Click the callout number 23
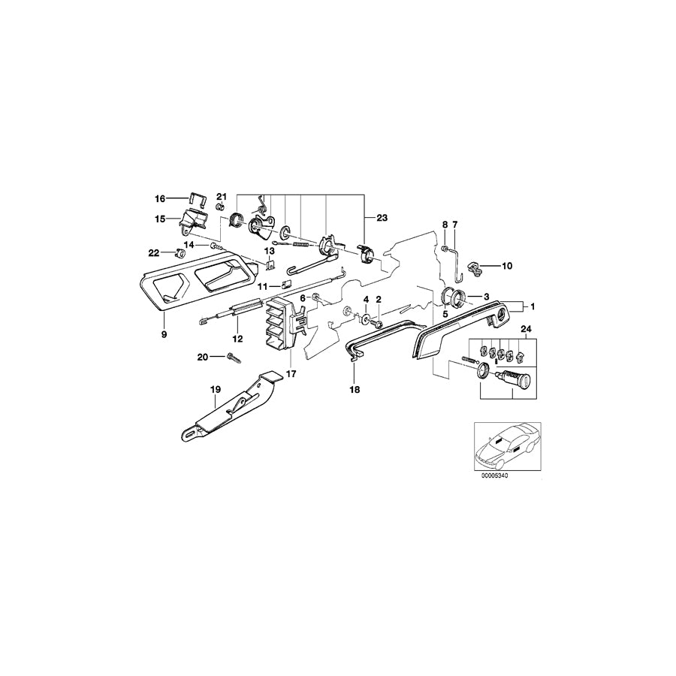click(x=382, y=217)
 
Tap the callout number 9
click(x=164, y=333)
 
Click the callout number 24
click(x=524, y=329)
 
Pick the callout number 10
click(x=506, y=266)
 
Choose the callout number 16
click(x=160, y=199)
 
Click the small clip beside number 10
click(x=477, y=265)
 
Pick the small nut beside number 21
click(x=221, y=207)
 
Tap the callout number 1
click(x=533, y=306)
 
